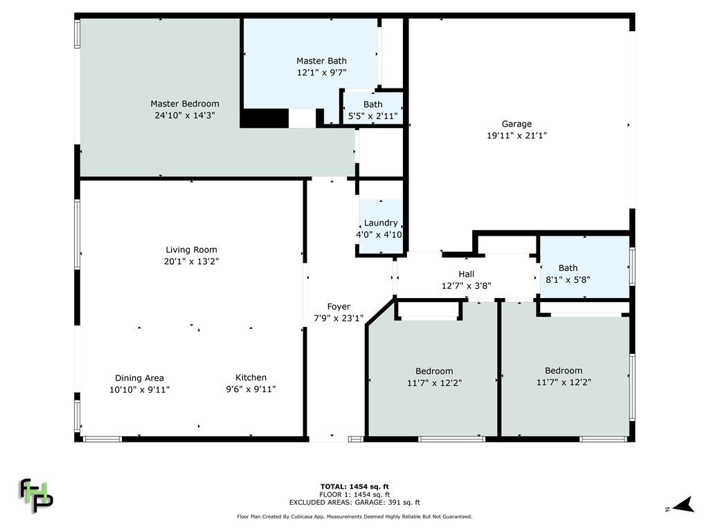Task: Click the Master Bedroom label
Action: pos(185,104)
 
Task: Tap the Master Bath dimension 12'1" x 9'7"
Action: pos(321,72)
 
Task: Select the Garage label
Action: pos(517,124)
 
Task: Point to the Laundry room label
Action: pos(381,223)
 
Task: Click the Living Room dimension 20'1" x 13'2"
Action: pos(191,261)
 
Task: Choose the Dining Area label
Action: pos(139,378)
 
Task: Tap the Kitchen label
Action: pos(251,378)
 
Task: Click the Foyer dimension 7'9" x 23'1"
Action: pos(339,318)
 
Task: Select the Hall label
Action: pos(466,274)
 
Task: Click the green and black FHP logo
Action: pos(36,495)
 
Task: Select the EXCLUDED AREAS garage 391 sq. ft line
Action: pos(354,503)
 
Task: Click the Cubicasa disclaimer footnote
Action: pos(354,516)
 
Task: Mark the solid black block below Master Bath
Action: pos(264,118)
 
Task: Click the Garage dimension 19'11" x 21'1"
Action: pos(517,136)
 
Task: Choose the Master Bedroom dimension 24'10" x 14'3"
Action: pos(185,115)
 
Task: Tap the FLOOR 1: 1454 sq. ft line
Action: pos(354,494)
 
